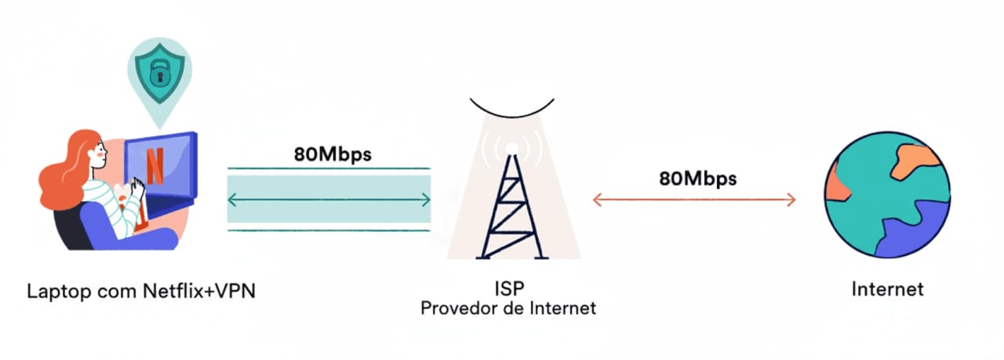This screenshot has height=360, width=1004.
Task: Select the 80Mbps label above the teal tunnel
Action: point(333,153)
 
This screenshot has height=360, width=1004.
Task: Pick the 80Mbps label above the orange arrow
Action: point(697,178)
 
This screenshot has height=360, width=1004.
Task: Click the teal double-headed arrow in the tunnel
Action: point(329,200)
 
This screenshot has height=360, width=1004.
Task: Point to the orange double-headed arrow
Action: point(694,200)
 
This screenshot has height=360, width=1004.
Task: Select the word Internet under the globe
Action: point(887,289)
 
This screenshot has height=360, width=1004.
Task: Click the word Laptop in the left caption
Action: point(56,291)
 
